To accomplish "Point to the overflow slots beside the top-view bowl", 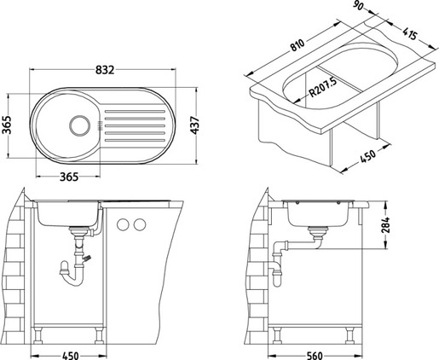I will [x=101, y=126].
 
